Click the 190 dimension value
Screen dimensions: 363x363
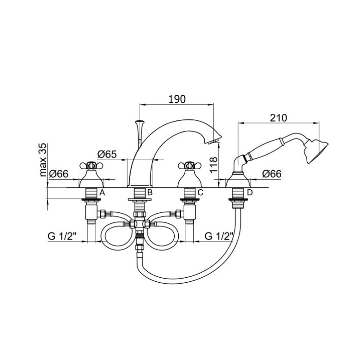(177, 99)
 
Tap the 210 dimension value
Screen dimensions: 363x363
(278, 118)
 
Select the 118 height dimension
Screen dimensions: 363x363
(214, 165)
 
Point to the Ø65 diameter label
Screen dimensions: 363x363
(107, 154)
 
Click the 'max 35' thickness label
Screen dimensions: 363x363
(43, 160)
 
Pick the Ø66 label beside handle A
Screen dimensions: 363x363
(59, 174)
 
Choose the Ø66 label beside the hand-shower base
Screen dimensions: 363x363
(272, 174)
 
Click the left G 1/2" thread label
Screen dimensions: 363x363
(62, 236)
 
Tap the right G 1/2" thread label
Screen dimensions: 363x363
(219, 236)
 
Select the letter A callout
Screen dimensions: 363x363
(103, 192)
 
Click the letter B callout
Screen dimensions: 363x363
(150, 192)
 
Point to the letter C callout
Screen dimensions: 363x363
(200, 192)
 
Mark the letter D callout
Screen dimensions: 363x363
(250, 192)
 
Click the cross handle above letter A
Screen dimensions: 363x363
(91, 166)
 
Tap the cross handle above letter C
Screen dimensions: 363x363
(190, 166)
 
